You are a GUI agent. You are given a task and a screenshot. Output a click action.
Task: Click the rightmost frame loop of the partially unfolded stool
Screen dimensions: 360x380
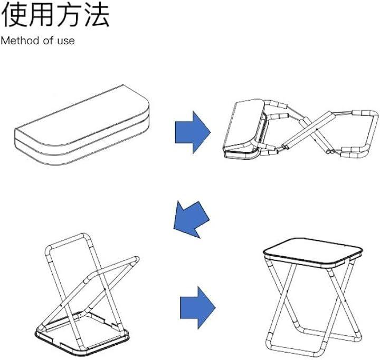click(x=367, y=134)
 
